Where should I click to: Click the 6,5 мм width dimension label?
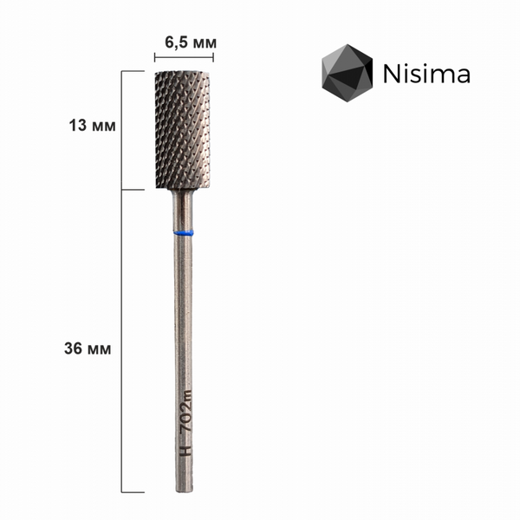pos(191,42)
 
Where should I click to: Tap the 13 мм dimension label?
pos(92,126)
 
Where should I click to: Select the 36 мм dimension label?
pos(88,349)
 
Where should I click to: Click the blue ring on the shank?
pos(184,233)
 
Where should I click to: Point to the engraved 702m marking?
pos(185,412)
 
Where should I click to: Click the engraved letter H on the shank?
pos(185,450)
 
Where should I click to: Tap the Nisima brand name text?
pos(426,74)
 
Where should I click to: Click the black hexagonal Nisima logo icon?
pos(348,73)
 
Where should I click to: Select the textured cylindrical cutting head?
pos(183,130)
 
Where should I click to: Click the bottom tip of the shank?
pos(185,491)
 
